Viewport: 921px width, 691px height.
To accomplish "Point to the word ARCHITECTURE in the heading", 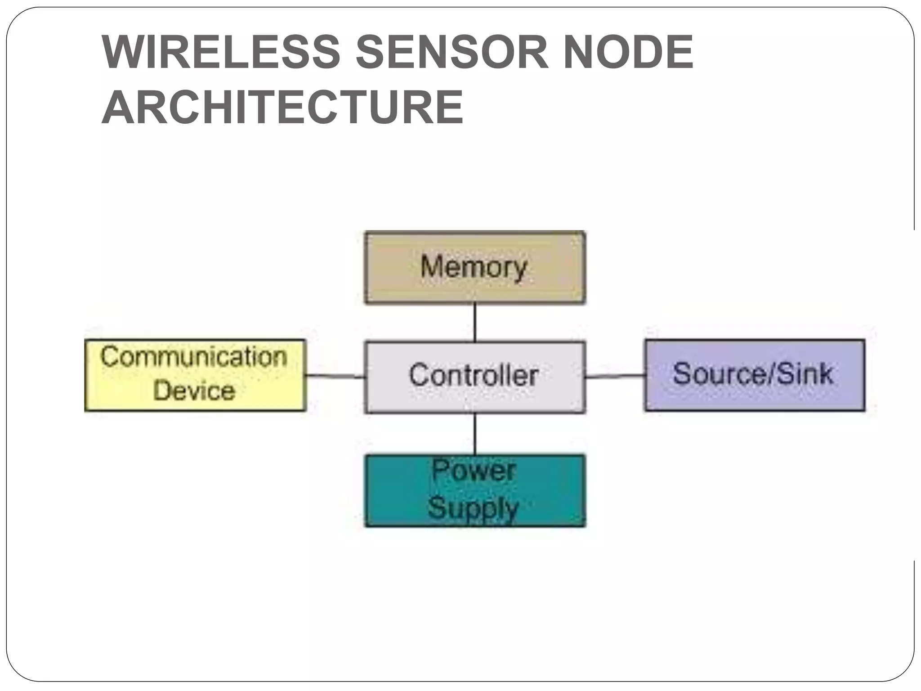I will tap(282, 108).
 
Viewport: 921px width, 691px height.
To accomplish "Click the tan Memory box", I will tap(475, 288).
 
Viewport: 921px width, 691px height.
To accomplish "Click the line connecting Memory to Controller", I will tap(475, 323).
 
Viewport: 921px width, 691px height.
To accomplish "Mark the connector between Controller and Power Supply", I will tap(475, 434).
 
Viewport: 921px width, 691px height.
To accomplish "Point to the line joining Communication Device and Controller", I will tap(335, 376).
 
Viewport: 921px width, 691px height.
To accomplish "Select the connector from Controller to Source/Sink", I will tap(615, 376).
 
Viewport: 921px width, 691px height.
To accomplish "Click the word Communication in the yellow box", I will tap(194, 357).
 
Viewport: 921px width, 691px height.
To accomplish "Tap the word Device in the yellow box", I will tap(194, 390).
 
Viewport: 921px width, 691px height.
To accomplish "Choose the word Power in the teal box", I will tap(474, 471).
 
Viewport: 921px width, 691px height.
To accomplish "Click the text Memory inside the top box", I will tap(474, 267).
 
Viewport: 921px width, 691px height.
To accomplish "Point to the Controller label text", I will tap(474, 375).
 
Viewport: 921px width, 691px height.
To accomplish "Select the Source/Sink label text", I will tap(753, 374).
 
